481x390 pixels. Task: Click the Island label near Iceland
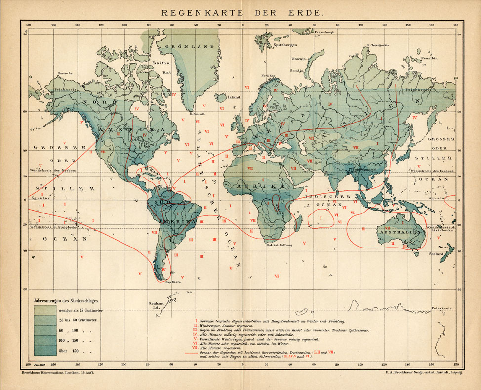[233, 97]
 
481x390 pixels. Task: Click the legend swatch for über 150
[44, 351]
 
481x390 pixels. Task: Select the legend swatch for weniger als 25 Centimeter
[44, 310]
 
